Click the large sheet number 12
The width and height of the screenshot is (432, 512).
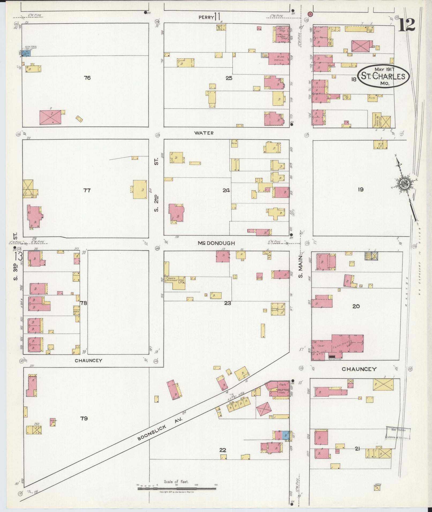click(407, 25)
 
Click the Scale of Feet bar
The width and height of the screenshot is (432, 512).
click(177, 488)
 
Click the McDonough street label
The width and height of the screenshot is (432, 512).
click(216, 243)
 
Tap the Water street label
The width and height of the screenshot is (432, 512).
click(204, 133)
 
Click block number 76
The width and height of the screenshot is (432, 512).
click(87, 78)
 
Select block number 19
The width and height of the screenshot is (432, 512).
click(360, 189)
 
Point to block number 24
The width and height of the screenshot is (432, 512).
click(226, 190)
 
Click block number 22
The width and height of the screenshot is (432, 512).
click(223, 450)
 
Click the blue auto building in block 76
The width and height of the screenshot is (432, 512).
click(27, 53)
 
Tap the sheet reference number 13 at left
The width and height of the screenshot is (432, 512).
click(19, 256)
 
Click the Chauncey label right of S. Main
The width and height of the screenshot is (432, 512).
click(359, 369)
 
